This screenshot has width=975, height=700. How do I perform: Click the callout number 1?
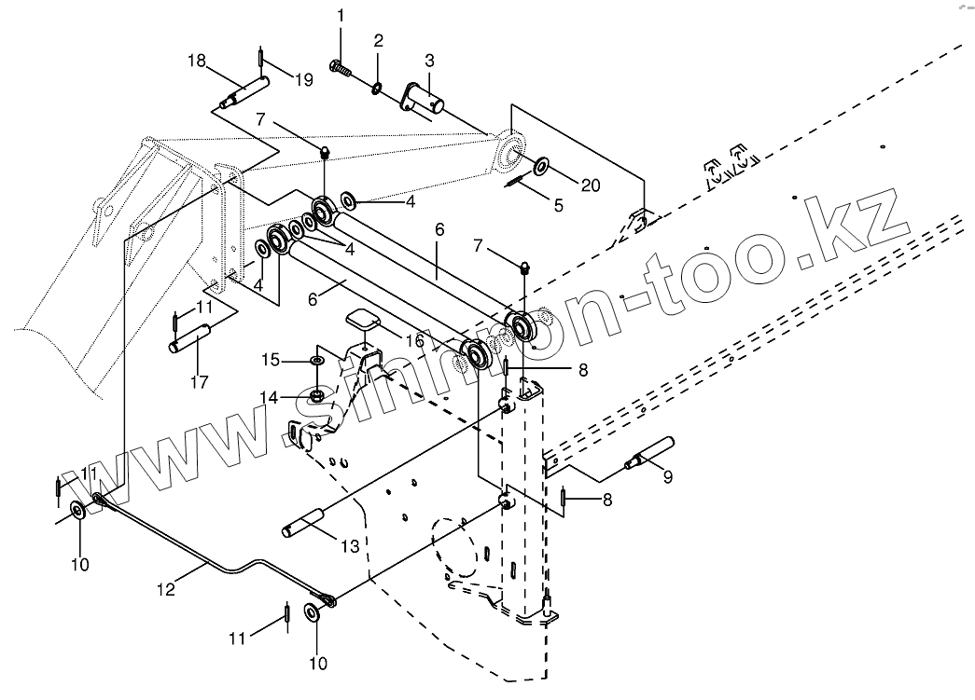pos(341,15)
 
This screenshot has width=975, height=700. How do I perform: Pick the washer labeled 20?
pos(542,167)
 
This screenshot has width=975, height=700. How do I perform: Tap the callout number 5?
pos(558,205)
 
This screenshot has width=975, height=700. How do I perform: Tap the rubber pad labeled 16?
pos(361,321)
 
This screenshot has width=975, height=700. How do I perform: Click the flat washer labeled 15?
pos(316,359)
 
